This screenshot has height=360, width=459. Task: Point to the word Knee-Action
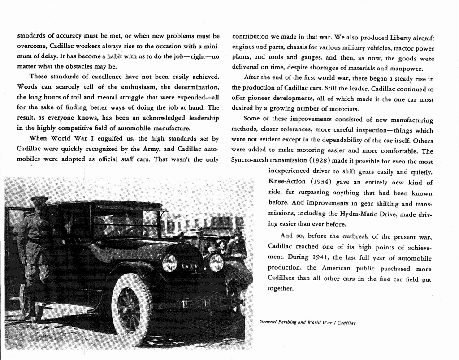tap(287, 182)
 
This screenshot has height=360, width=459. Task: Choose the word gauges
tap(311, 58)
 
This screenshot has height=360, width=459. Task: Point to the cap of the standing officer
tap(39, 198)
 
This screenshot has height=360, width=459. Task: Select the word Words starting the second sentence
tap(27, 86)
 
